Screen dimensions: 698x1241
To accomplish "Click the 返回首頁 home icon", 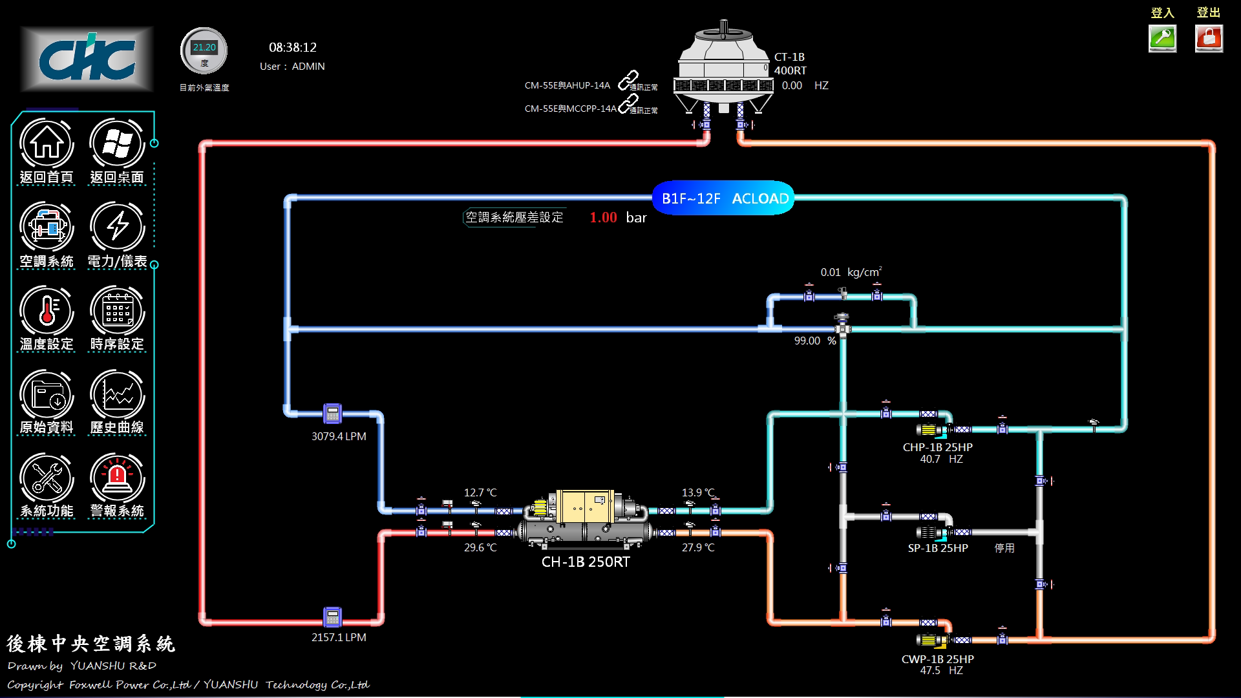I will pos(47,143).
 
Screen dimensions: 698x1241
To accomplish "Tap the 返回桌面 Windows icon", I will pos(117,143).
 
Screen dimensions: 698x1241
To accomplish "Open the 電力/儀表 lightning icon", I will pos(117,227).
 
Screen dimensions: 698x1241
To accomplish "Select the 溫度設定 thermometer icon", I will pos(47,310).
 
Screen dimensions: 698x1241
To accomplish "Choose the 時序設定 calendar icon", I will pos(117,310).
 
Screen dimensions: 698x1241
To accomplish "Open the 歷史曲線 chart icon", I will pos(117,394).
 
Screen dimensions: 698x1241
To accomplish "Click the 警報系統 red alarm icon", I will pos(117,478).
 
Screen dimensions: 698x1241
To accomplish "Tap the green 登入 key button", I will pos(1162,38).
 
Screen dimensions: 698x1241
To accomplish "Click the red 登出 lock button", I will pos(1209,38).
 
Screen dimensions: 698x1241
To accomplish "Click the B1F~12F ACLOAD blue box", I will pos(723,198).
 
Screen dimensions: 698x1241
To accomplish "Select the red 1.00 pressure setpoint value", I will pos(603,218).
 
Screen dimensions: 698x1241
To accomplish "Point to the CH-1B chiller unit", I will pos(585,521).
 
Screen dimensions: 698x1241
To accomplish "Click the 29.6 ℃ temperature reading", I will pos(480,547).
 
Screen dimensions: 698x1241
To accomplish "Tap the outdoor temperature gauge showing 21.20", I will pos(204,50).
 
